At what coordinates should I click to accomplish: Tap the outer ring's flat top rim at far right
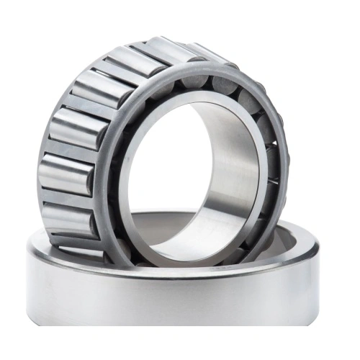(317, 248)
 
